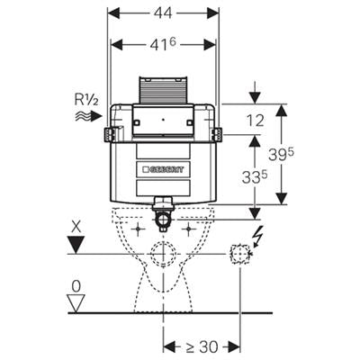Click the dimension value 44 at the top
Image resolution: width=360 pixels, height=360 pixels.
coord(163,13)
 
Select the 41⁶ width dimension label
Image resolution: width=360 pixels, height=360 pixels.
coord(163,44)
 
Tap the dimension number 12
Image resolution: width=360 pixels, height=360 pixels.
coord(256,121)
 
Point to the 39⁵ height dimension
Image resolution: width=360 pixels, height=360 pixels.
coord(281,154)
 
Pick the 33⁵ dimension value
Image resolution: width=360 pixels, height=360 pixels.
coord(255,177)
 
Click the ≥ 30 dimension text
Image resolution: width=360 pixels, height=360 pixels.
coord(201,346)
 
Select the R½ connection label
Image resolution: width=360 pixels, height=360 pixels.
coord(86,101)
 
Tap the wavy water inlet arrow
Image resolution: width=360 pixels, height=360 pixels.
coord(89,116)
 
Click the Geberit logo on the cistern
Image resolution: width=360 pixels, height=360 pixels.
coord(164,169)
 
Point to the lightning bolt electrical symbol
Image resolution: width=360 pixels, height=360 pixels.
coord(258,237)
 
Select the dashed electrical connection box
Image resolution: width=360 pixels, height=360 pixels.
coord(239,254)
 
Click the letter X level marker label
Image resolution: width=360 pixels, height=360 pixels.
coord(76,227)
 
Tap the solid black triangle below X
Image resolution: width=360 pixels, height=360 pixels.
coord(76,245)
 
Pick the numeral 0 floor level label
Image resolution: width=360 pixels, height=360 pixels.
coord(76,287)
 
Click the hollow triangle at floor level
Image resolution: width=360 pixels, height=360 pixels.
coord(76,303)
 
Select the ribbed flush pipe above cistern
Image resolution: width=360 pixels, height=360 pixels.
coord(163,90)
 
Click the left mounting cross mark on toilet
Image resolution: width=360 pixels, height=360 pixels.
coord(138,229)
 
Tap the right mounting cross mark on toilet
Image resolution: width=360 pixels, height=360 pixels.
coord(189,229)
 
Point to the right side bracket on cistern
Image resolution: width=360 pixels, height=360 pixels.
coord(217,134)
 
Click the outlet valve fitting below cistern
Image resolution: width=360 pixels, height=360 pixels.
coord(163,213)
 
